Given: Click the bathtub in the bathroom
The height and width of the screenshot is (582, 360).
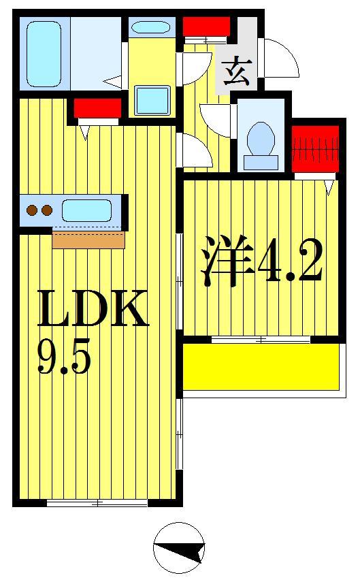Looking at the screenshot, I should [x=43, y=53].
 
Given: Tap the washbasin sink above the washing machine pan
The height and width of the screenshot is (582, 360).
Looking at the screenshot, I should [x=150, y=28].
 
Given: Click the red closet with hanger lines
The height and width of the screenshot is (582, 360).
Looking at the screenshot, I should [x=315, y=148].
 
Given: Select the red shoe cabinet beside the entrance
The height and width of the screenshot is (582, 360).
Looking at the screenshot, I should [x=206, y=27].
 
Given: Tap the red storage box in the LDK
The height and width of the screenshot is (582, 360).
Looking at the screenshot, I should [x=97, y=108].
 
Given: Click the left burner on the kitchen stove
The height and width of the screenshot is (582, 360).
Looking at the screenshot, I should [x=31, y=210].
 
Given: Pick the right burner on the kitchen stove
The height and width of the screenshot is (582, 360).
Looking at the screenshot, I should [x=46, y=210].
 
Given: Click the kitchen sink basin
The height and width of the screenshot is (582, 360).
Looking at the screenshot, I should [x=86, y=210].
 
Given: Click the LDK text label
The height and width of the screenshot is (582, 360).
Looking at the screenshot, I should [x=93, y=310].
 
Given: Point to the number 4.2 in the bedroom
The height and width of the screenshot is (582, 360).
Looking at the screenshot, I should [x=289, y=263].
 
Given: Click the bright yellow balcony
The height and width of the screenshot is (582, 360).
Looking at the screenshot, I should [x=261, y=367].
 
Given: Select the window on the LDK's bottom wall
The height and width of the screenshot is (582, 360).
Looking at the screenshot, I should [x=97, y=503].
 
